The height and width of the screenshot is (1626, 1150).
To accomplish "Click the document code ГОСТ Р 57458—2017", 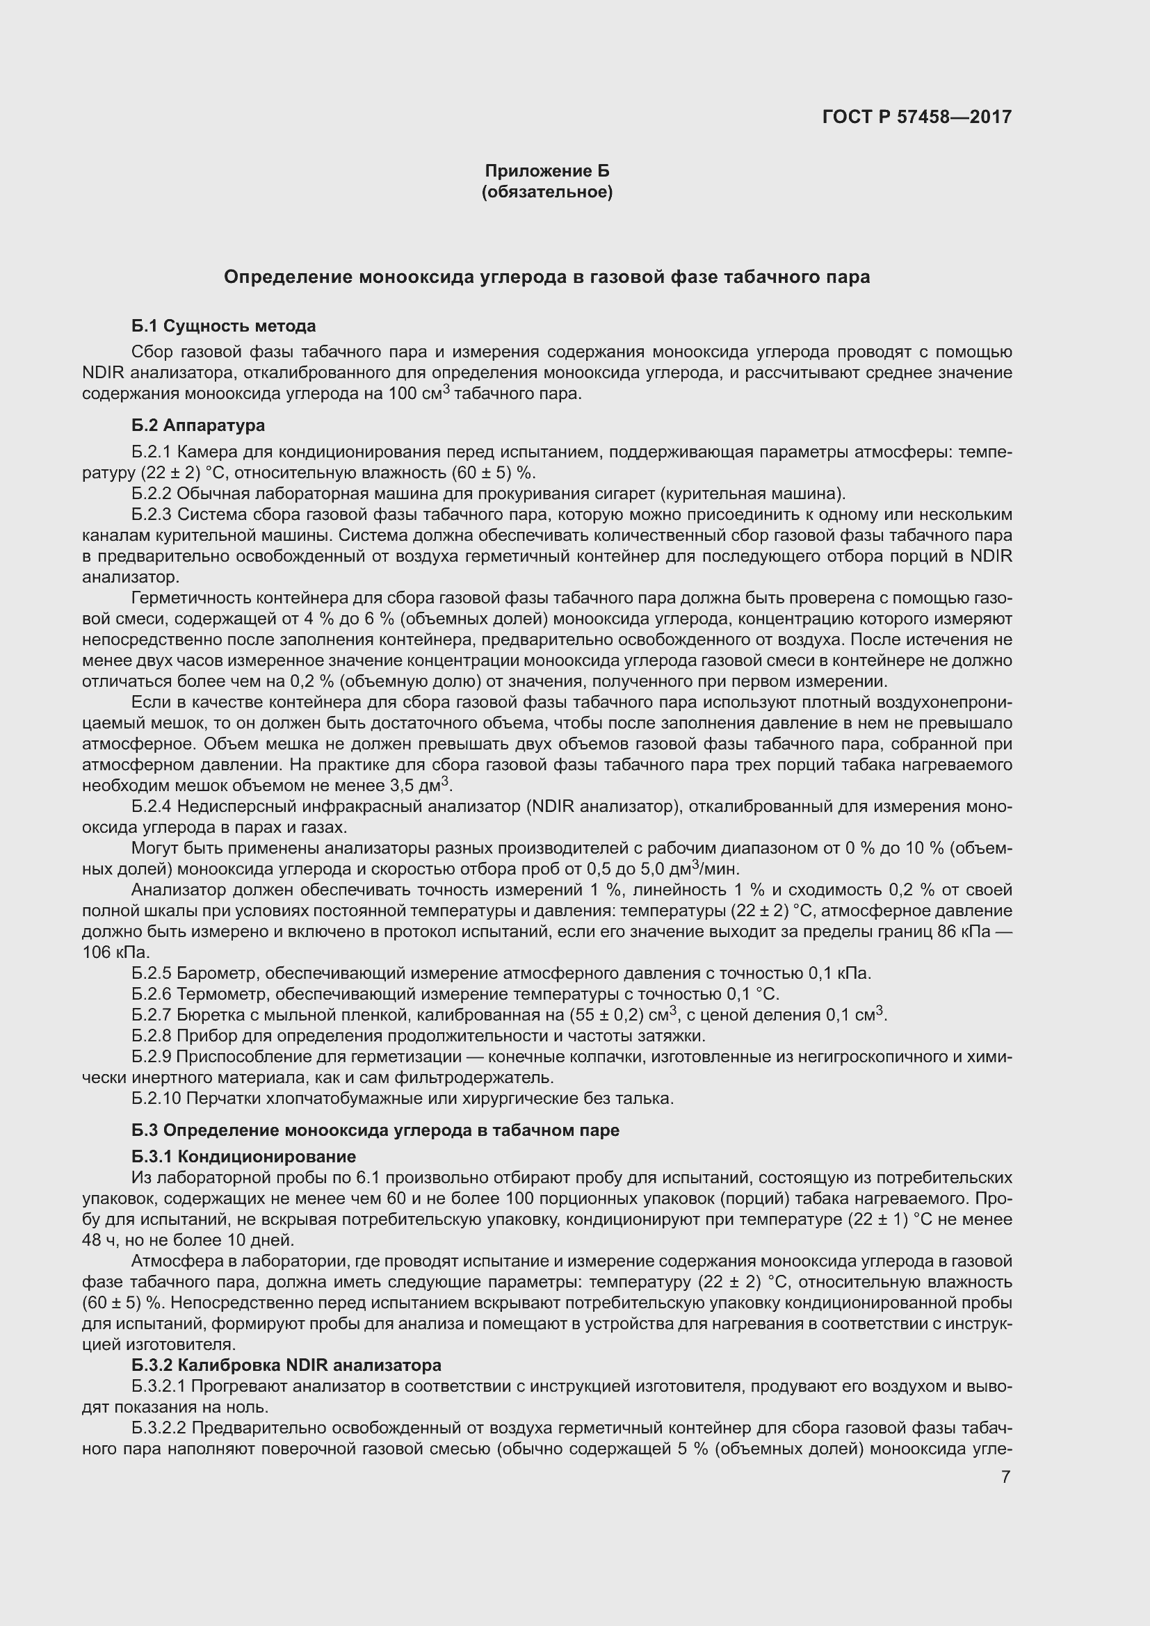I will coord(917,117).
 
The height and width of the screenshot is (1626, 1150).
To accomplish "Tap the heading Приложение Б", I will coord(546,171).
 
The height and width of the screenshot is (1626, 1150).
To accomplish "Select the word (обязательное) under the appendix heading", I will coord(546,192).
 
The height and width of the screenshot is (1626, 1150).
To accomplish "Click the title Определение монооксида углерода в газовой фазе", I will coord(546,277).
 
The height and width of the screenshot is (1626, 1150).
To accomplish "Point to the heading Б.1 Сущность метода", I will coord(224,326).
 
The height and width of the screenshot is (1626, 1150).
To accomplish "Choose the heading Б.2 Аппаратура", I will coord(198,425).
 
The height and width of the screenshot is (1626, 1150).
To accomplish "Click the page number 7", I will coord(1005,1477).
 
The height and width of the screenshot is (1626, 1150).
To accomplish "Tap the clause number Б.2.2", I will coord(152,494).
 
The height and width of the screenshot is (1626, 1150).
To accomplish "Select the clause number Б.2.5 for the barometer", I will coord(152,973).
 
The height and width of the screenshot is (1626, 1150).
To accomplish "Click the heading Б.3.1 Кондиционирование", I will coord(243,1157).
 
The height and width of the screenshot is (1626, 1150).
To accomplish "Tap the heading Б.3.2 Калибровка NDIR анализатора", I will coord(286,1365).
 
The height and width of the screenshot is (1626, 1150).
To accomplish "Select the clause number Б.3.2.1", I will coord(159,1385).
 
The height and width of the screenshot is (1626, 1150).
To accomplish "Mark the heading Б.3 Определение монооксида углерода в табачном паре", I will coord(375,1130).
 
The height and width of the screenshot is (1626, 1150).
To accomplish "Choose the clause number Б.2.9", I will coord(152,1057).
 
